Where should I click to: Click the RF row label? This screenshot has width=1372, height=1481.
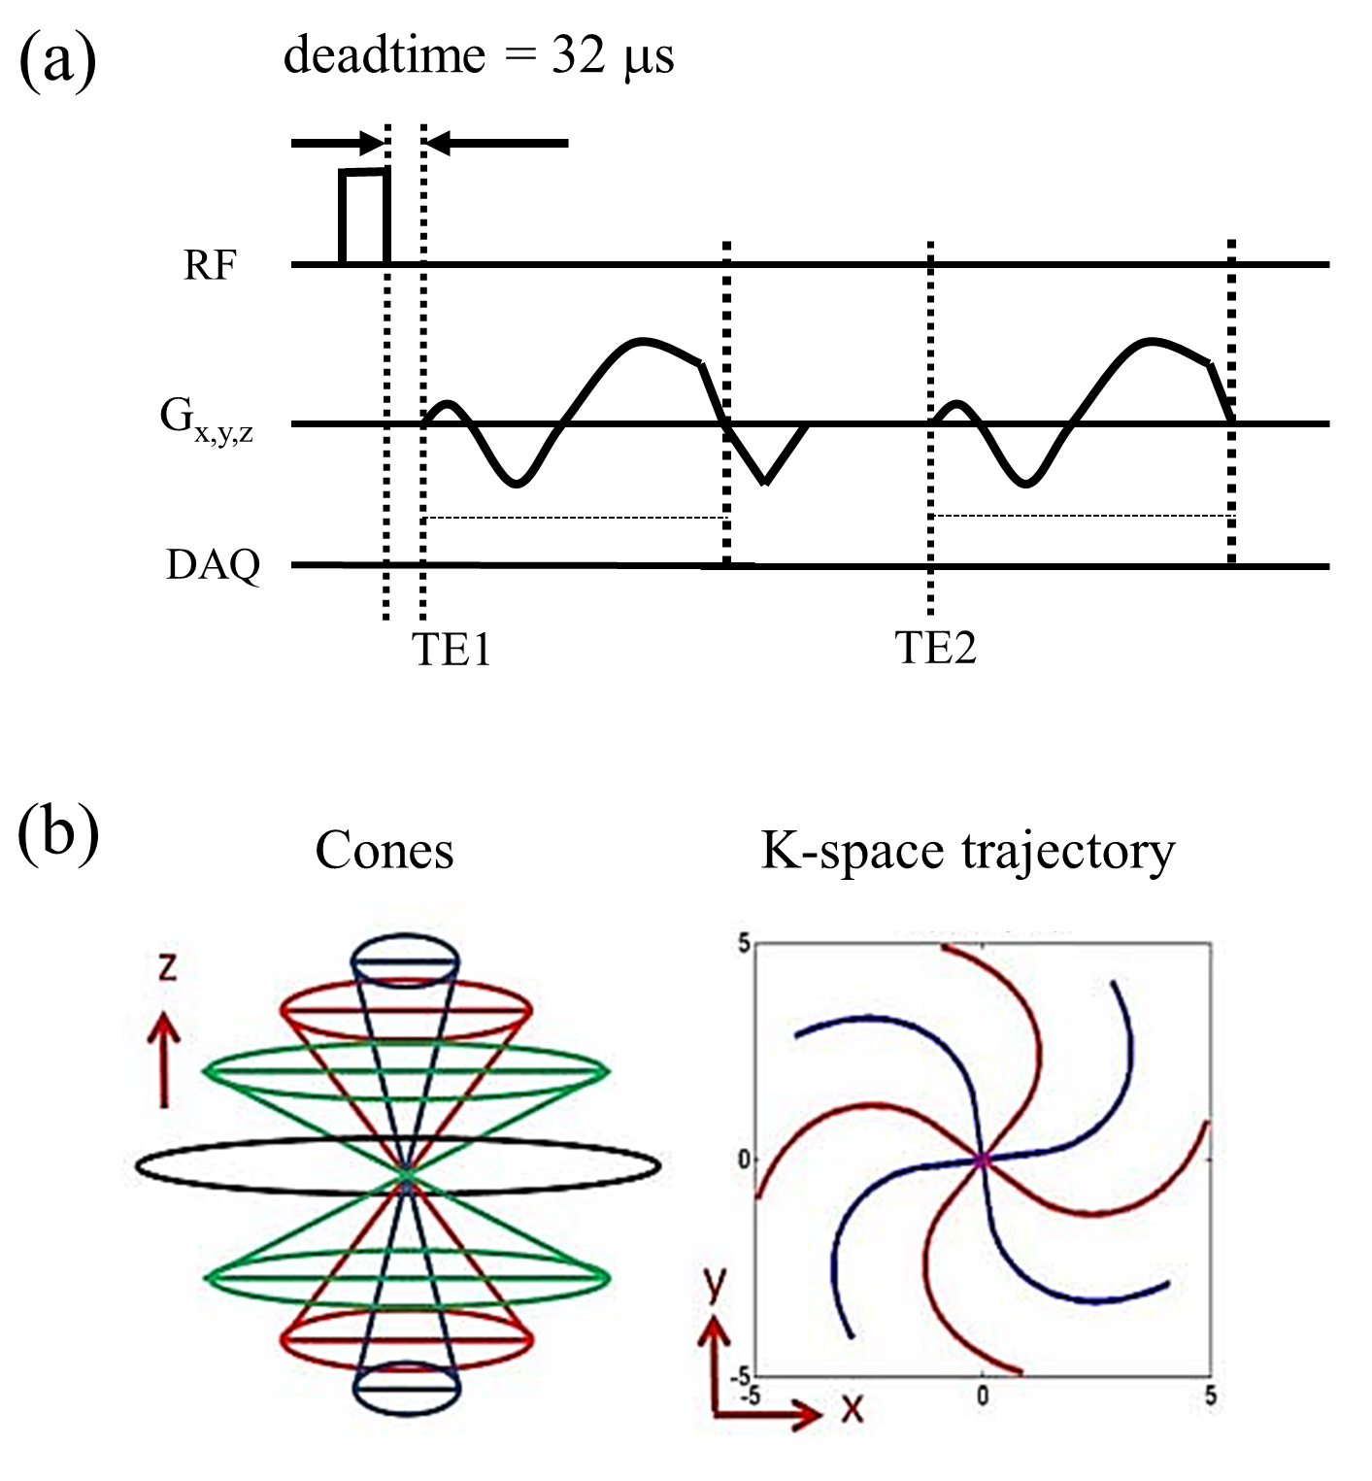[210, 265]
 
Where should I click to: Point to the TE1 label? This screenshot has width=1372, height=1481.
[452, 650]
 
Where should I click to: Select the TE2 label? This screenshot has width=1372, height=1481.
[935, 648]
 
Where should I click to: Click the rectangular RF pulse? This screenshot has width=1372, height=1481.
[364, 216]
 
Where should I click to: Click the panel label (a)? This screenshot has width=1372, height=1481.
[57, 60]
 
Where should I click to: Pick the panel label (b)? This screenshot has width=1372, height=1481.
[58, 834]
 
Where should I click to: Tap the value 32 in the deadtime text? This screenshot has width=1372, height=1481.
[579, 55]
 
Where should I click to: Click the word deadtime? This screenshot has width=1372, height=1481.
[384, 55]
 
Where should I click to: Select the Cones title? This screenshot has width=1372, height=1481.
[385, 851]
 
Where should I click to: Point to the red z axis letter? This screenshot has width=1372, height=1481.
[167, 967]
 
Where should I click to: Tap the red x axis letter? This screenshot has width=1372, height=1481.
[853, 1407]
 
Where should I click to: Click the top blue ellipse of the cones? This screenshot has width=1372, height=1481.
[405, 959]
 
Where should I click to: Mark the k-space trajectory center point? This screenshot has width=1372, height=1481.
[982, 1159]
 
